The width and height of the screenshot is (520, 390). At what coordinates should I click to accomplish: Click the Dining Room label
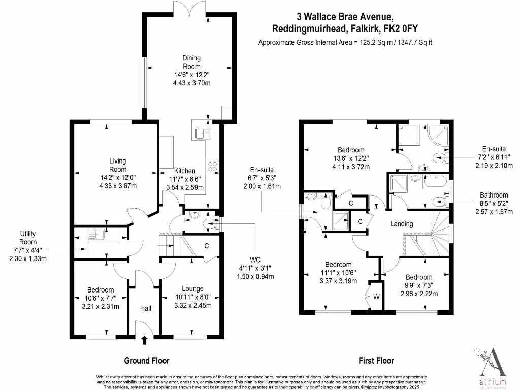pos(191,62)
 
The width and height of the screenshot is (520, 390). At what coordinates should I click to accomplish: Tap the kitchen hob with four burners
pos(212,166)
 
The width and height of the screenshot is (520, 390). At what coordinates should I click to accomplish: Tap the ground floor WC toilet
pos(208,223)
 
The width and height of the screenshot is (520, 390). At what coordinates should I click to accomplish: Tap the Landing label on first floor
pos(401,224)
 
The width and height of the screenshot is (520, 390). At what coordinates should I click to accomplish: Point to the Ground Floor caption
pos(147,361)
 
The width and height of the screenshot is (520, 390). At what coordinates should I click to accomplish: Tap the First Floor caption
pos(376,361)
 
